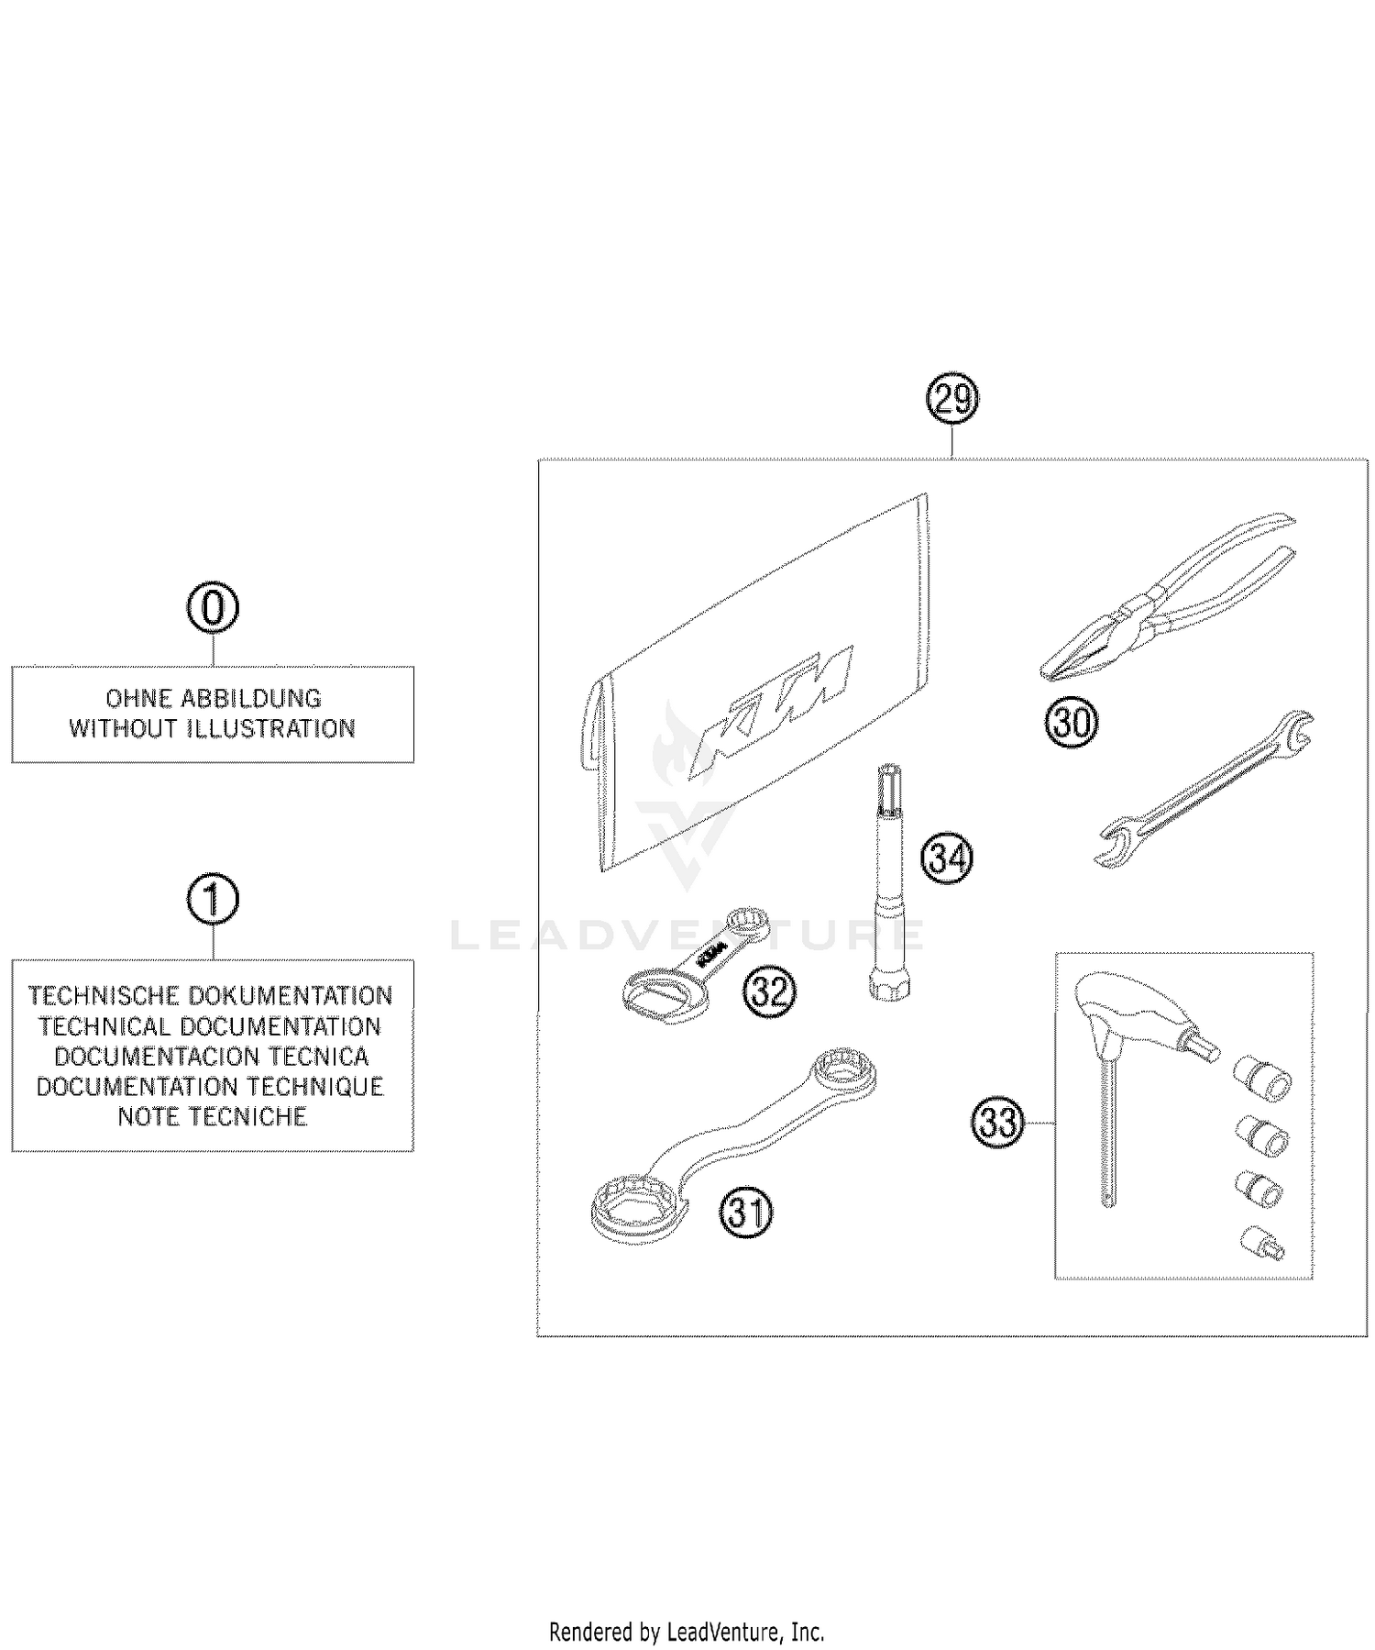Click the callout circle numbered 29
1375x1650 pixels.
point(952,400)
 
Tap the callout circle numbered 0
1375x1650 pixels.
point(213,608)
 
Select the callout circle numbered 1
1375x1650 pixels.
point(213,901)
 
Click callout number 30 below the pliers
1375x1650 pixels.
point(1072,723)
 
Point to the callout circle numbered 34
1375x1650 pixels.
point(947,858)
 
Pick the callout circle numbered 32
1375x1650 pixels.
point(770,991)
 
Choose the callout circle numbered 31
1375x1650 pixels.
point(747,1213)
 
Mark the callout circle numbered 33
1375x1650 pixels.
point(998,1122)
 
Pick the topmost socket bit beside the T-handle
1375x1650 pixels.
point(1264,1078)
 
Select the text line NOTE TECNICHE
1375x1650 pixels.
point(213,1116)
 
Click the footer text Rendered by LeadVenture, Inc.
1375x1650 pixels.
point(687,1632)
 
